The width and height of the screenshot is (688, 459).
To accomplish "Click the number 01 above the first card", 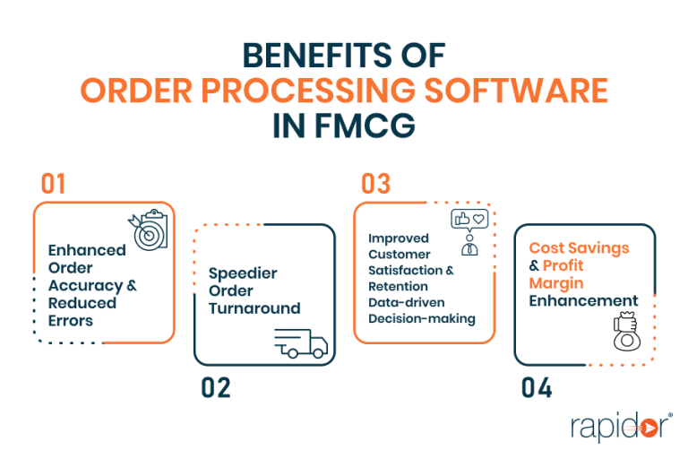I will click(54, 185).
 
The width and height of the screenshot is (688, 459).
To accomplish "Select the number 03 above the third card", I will click(375, 185).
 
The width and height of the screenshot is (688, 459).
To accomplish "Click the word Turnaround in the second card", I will click(254, 307).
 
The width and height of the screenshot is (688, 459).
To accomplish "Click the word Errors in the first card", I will click(71, 321).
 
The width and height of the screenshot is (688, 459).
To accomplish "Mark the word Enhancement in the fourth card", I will click(583, 300).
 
